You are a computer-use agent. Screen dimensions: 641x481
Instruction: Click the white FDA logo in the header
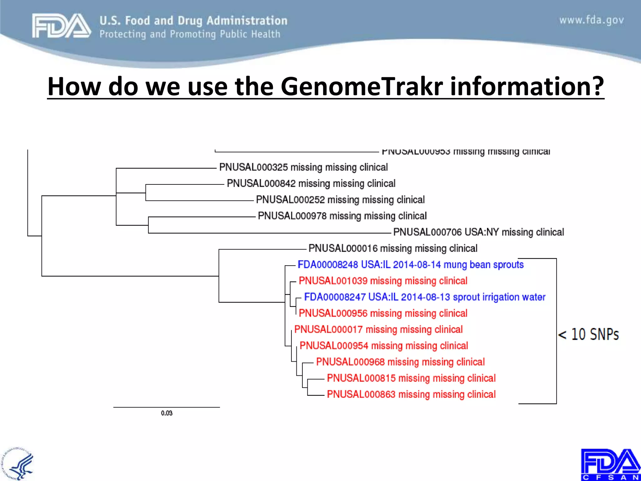coord(61,26)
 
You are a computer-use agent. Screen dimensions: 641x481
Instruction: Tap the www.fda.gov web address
coord(591,20)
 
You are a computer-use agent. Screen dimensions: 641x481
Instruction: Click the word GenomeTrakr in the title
coord(362,86)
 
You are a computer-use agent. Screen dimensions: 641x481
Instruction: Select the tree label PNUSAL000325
coord(254,167)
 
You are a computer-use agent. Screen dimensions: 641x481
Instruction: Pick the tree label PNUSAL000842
coord(261,184)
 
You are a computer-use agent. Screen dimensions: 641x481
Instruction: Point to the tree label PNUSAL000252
coord(290,200)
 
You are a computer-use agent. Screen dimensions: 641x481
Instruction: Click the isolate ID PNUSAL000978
coord(292,216)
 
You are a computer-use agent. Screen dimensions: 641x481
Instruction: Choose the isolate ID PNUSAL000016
coord(343,248)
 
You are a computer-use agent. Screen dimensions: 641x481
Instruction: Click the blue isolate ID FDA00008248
coord(328,265)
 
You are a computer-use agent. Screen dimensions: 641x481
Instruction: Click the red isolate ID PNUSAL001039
coord(333,281)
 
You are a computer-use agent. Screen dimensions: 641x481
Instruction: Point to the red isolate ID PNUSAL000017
coord(328,329)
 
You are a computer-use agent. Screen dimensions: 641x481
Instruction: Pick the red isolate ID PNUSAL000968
coord(350,362)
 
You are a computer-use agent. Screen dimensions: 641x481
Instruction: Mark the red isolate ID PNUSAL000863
coord(361,394)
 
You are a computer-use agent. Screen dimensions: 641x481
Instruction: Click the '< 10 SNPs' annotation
coord(588,334)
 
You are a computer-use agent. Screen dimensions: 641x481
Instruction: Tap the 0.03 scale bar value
coord(167,413)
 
